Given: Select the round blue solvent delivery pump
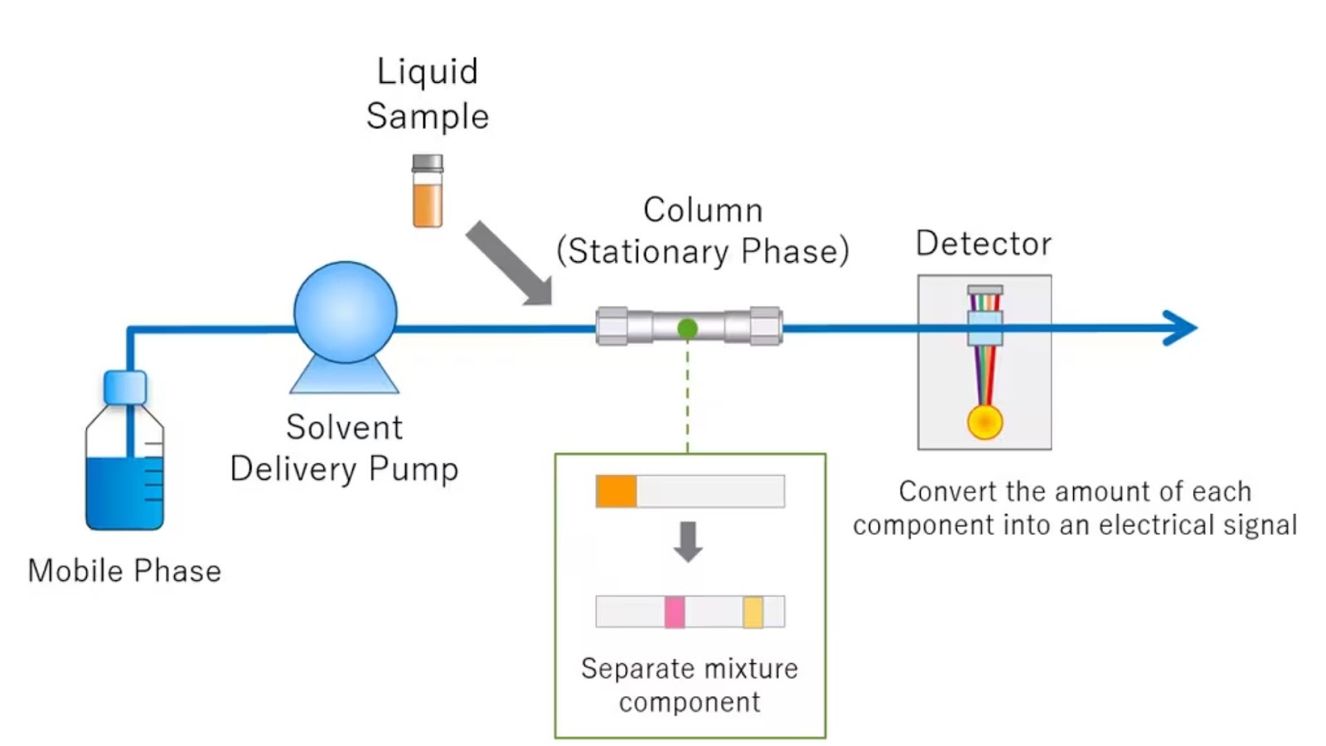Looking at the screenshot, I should tap(346, 312).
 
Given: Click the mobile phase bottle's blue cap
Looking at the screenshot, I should tap(125, 387).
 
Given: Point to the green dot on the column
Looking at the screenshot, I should tap(687, 329).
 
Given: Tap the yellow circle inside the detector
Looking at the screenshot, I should tap(985, 422).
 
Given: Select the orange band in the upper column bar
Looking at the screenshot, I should tap(617, 492).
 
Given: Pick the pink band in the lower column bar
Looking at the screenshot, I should tap(675, 613).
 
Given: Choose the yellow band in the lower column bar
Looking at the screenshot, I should tap(753, 613).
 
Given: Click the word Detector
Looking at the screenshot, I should tap(984, 244).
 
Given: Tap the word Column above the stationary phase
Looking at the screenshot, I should tap(703, 211).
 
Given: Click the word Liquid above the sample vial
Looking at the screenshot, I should tap(428, 71).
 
